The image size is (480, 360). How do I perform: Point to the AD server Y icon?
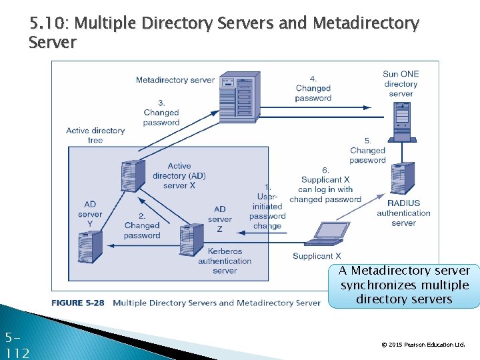coord(89,244)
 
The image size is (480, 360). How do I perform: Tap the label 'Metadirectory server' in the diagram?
coord(175,80)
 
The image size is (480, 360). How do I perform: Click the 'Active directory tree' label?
coord(95,135)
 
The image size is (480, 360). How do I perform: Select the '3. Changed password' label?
coord(161,113)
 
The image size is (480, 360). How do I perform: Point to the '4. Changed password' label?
coord(313,89)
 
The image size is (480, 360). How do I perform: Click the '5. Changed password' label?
coord(367,151)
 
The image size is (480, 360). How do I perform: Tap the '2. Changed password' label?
coord(142,226)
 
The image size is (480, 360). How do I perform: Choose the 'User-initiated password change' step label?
coord(267,207)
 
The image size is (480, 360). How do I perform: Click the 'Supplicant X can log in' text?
coord(325,185)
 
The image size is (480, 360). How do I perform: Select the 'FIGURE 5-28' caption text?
coord(78,303)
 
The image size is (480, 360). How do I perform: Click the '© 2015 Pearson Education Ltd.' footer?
coord(423,345)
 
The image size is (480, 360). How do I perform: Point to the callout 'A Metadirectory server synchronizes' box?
coord(404,285)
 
